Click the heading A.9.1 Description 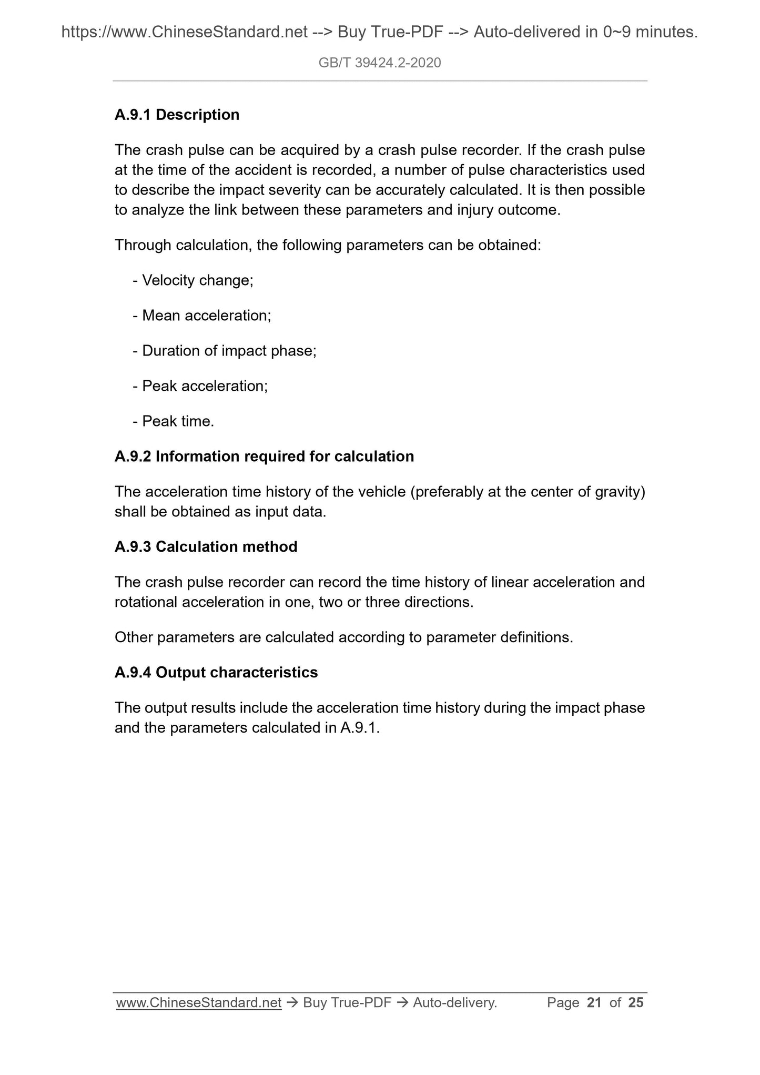[177, 115]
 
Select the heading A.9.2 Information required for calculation [264, 456]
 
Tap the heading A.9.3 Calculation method [206, 546]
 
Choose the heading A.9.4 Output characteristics [216, 672]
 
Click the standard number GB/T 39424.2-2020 [380, 63]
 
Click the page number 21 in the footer [594, 1003]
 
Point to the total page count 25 [635, 1003]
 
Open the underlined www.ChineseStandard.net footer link [199, 1003]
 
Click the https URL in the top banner [185, 33]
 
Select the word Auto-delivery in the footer [454, 1003]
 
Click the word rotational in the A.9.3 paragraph [146, 602]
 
